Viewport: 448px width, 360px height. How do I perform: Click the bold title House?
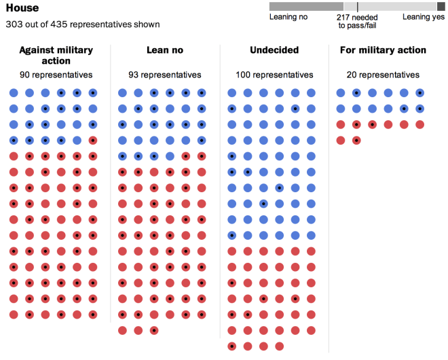point(22,8)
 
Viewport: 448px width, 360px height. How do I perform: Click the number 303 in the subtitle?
point(14,24)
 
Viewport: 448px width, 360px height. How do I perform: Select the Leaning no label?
point(284,17)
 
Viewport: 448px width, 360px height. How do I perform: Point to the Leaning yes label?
point(424,17)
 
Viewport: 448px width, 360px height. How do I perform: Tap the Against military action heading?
point(56,55)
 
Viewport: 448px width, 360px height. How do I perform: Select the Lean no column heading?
point(165,50)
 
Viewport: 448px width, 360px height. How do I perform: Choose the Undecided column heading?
point(274,50)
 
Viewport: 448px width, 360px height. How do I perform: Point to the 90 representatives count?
point(56,75)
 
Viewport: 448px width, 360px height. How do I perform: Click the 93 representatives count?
point(165,75)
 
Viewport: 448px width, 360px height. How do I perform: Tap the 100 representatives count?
point(274,75)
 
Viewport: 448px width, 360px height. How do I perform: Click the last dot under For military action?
point(357,141)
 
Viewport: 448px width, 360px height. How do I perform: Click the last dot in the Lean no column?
point(155,331)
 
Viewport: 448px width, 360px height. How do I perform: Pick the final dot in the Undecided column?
point(279,346)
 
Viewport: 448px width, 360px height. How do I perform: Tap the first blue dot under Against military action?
point(14,93)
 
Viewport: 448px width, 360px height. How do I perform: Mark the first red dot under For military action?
point(341,124)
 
